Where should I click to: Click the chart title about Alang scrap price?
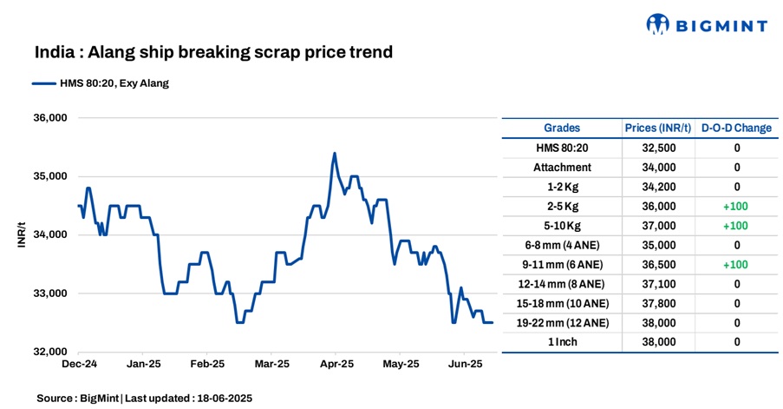pyautogui.click(x=213, y=52)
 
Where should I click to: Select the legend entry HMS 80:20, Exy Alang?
pyautogui.click(x=100, y=83)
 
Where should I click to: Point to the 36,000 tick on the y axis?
pyautogui.click(x=49, y=118)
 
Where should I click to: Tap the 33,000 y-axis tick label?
pyautogui.click(x=49, y=294)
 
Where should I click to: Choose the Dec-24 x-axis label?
pyautogui.click(x=79, y=365)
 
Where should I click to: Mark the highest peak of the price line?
pyautogui.click(x=335, y=154)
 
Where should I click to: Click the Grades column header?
pyautogui.click(x=562, y=128)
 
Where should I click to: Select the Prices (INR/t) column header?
pyautogui.click(x=657, y=128)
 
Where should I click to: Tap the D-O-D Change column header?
pyautogui.click(x=736, y=128)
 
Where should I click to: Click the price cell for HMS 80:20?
pyautogui.click(x=657, y=148)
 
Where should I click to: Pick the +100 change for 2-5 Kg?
pyautogui.click(x=736, y=206)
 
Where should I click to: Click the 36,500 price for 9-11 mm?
pyautogui.click(x=657, y=264)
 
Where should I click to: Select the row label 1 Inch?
pyautogui.click(x=562, y=342)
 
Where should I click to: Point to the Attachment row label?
pyautogui.click(x=562, y=167)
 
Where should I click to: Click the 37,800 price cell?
pyautogui.click(x=657, y=303)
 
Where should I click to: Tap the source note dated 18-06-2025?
pyautogui.click(x=144, y=398)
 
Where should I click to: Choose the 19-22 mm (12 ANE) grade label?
pyautogui.click(x=562, y=322)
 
